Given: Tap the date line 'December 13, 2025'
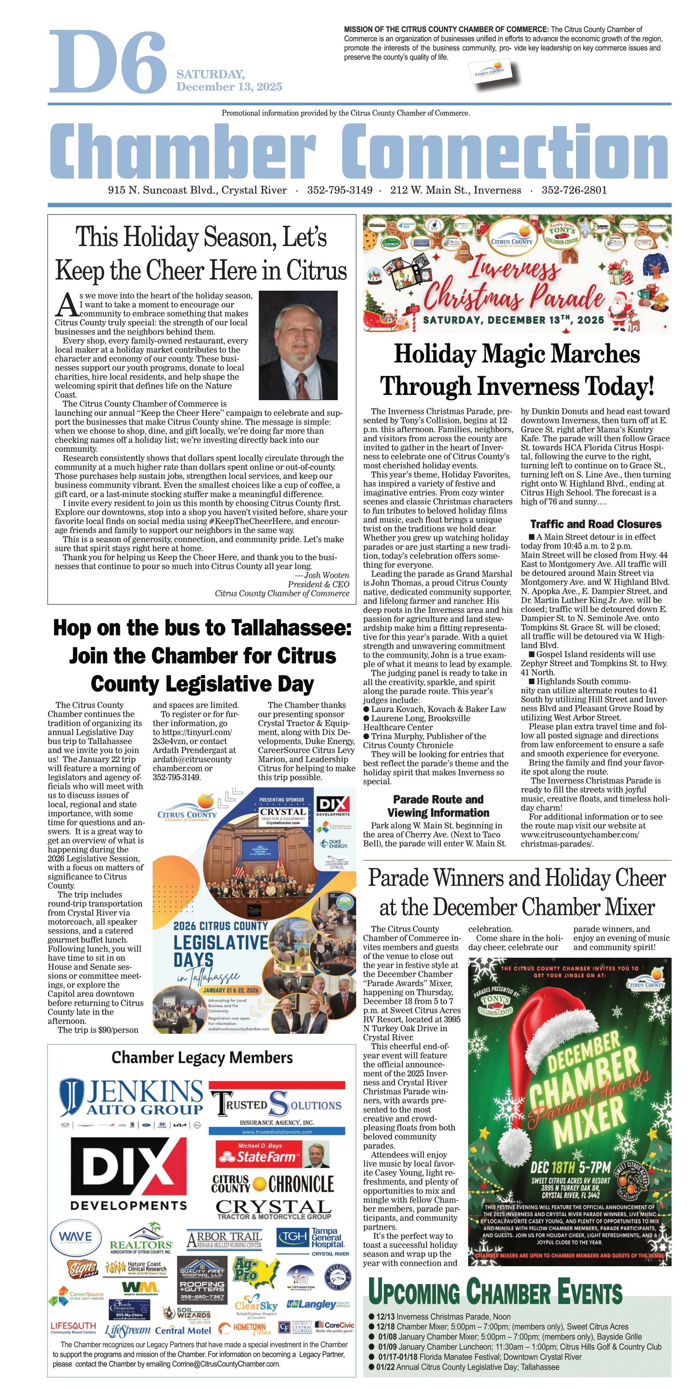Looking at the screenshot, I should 229,87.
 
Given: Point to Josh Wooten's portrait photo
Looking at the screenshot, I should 298,345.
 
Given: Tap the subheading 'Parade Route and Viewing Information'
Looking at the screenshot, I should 438,806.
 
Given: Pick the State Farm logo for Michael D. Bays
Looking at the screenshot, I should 273,1155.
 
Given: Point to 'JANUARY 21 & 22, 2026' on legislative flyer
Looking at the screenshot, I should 231,990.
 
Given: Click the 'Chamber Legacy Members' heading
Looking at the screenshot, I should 202,1058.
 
